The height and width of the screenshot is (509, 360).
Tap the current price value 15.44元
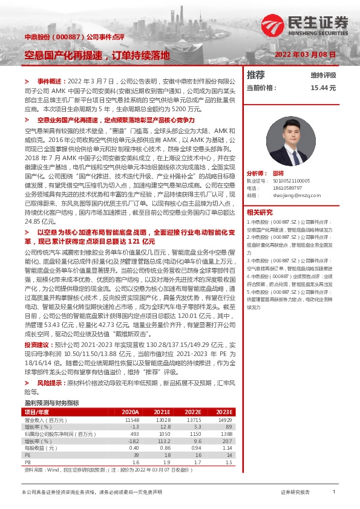click(322, 88)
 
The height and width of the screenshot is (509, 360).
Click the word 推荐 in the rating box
click(256, 75)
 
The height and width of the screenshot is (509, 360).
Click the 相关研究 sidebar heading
click(261, 212)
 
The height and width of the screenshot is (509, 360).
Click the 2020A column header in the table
click(129, 412)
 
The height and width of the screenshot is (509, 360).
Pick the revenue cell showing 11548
click(132, 420)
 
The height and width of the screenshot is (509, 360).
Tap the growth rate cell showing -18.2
click(133, 441)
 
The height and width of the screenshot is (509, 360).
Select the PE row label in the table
click(28, 455)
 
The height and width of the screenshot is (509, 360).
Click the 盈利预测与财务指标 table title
click(51, 402)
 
